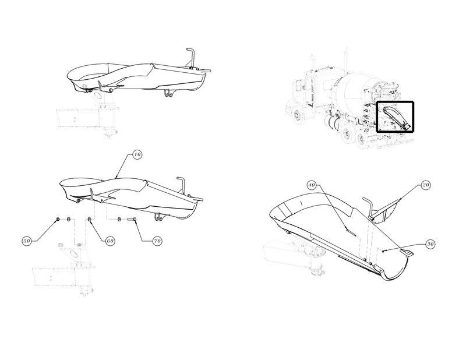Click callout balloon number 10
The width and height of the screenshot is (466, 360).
point(137,154)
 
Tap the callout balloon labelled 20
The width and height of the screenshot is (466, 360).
point(426,185)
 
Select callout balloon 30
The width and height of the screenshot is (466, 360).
point(430,244)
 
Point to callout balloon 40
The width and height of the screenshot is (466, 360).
point(311,185)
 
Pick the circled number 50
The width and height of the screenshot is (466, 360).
point(27,241)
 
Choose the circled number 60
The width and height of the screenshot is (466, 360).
point(110,241)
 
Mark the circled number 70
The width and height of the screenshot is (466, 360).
point(157,241)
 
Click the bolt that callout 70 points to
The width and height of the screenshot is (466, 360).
point(132,220)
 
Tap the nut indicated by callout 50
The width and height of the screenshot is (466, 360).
point(58,220)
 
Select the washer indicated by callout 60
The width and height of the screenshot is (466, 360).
point(89,220)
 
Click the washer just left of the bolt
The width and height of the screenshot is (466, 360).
point(119,220)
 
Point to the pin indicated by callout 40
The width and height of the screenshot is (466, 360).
point(351,231)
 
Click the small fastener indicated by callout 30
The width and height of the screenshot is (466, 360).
point(384,251)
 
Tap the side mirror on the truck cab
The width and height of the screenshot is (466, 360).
point(304,84)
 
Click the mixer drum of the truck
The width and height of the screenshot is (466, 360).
point(354,89)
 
